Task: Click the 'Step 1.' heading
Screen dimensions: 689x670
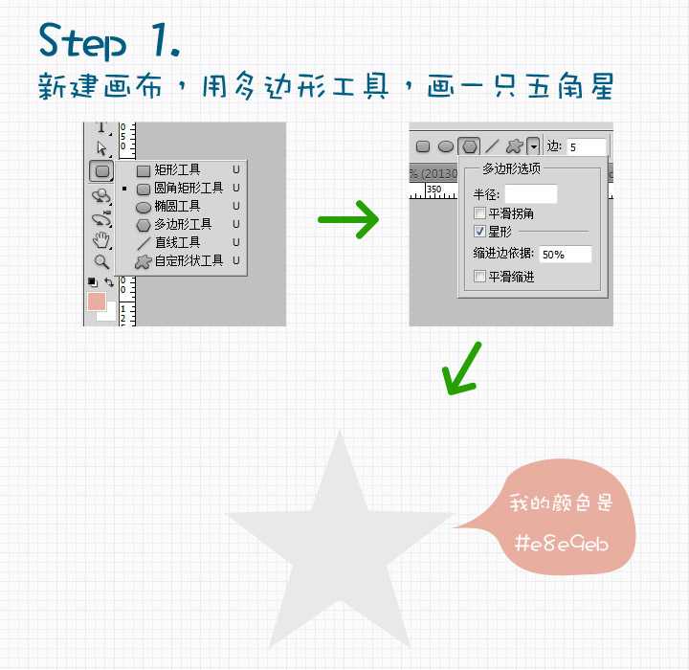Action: tap(110, 40)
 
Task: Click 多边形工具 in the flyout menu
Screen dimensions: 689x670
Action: tap(181, 224)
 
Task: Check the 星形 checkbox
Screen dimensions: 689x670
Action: tap(479, 232)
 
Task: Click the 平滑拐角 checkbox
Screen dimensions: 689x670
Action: tap(479, 213)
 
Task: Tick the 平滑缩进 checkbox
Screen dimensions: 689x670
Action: tap(479, 277)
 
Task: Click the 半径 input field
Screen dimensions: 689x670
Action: tap(531, 194)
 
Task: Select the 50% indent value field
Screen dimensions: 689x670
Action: tap(566, 254)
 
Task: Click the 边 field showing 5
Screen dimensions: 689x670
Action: tap(587, 146)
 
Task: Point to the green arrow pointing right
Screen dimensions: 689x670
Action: tap(348, 219)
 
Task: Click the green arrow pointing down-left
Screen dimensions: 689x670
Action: tap(461, 368)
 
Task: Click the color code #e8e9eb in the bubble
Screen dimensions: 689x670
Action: tap(562, 544)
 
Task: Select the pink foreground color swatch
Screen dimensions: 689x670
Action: tap(97, 301)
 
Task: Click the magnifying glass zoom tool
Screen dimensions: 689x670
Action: tap(101, 261)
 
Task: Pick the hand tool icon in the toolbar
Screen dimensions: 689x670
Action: tap(101, 239)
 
